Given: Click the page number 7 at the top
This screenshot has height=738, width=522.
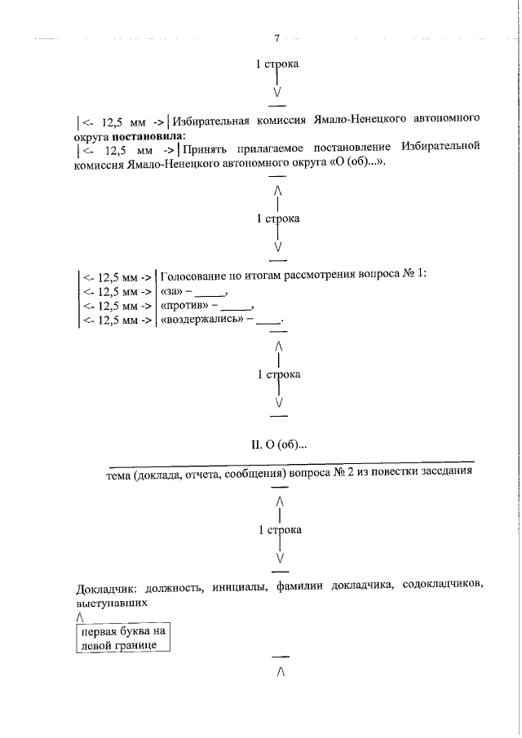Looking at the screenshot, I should (x=277, y=38).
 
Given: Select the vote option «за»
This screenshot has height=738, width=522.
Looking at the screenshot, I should (x=171, y=291).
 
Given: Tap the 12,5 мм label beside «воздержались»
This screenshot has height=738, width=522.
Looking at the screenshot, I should (x=117, y=320).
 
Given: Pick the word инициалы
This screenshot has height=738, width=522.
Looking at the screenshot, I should (x=237, y=588).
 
